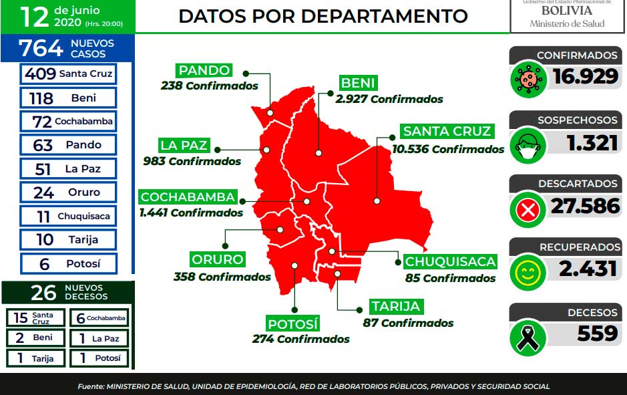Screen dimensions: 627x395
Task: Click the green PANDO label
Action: coord(204,70)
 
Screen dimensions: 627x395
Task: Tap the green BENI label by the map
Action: coord(359,84)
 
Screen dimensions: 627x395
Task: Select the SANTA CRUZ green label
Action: coord(447,131)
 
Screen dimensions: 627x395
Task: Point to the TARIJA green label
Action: coord(396,307)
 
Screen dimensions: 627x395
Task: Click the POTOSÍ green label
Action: coord(293,323)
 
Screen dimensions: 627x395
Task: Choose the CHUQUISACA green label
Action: coord(450,262)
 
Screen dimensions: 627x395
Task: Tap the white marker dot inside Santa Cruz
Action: coord(377,201)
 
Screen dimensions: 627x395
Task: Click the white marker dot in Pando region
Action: coord(270,113)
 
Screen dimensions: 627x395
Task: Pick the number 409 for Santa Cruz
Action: coord(40,74)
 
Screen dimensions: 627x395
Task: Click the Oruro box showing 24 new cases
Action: coord(68,192)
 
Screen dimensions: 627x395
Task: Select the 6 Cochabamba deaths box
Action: coord(99,317)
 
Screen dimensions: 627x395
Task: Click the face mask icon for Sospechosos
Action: coord(528,145)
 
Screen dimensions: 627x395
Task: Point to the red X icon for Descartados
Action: coord(528,210)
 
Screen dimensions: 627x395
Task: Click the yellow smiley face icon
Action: coord(528,273)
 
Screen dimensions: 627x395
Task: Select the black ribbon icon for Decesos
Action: coord(528,339)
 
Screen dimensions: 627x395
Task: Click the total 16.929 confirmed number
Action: coord(586,76)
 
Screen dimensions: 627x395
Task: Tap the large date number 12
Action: coord(35,17)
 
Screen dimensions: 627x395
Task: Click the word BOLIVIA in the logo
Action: coord(567,11)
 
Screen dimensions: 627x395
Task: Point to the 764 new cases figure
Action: coord(41,48)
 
